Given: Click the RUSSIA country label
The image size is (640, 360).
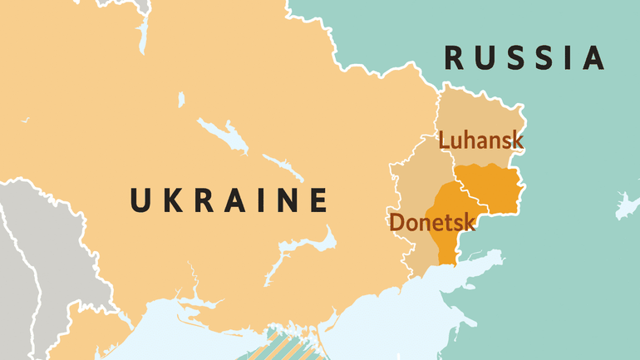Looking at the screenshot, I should click(524, 58).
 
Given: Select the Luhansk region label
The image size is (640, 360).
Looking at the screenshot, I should click(481, 140).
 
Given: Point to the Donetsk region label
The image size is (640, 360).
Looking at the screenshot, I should click(431, 222).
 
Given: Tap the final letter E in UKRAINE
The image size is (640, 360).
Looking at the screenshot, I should click(316, 200).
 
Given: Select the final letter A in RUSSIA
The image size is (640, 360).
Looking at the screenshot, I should click(592, 58).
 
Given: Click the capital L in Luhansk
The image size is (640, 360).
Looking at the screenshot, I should click(445, 140).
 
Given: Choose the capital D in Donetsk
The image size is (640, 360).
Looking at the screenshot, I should click(397, 222).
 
